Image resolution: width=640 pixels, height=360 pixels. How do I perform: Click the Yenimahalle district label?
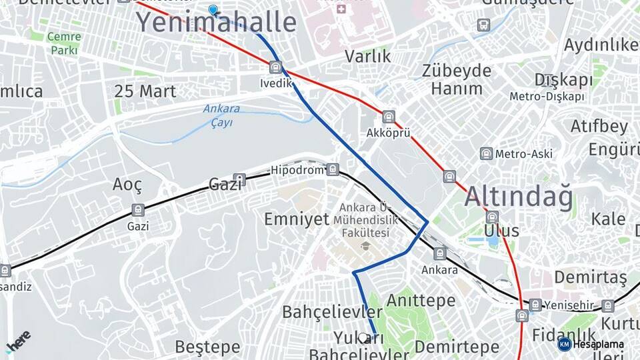[216, 23]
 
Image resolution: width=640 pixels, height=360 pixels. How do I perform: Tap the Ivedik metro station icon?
[275, 67]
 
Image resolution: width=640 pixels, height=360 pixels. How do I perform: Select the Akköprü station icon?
[389, 117]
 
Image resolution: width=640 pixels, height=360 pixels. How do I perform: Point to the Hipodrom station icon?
[333, 170]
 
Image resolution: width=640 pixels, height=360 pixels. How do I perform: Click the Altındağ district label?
[518, 197]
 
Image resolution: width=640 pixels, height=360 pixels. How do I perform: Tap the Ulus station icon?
[493, 217]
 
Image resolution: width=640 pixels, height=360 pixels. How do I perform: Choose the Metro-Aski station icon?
[486, 154]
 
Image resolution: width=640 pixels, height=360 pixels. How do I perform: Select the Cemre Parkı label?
[64, 43]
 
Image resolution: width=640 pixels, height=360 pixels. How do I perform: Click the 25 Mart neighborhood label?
[145, 91]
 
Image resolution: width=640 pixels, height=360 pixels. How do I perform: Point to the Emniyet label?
[297, 219]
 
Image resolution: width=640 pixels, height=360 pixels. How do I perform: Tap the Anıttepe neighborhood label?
[421, 301]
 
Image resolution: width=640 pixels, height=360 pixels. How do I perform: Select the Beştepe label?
[207, 347]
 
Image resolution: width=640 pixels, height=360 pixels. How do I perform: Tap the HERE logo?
[18, 341]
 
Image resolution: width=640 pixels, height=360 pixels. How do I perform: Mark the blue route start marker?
[213, 10]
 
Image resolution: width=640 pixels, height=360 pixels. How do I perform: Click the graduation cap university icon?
[365, 247]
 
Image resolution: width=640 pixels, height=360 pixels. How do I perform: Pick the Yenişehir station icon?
[535, 305]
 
